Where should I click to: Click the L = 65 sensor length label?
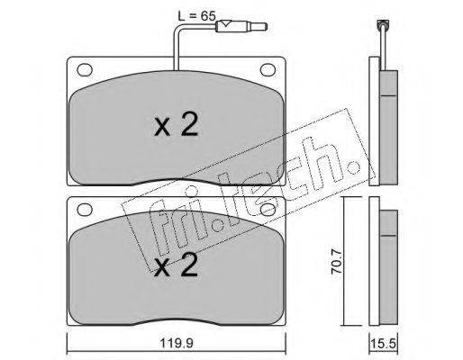[x=197, y=15]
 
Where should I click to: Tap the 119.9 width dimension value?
[x=177, y=343]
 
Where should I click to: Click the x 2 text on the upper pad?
[x=177, y=125]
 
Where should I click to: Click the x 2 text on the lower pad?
[x=177, y=265]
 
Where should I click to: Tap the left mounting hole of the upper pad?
[x=85, y=70]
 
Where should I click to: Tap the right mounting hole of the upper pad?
[x=268, y=70]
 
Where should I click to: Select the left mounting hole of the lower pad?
[x=85, y=210]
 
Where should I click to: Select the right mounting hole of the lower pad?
[x=268, y=210]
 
